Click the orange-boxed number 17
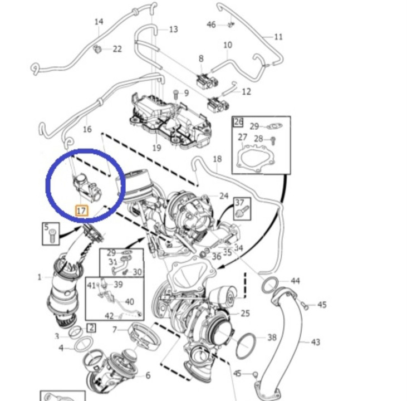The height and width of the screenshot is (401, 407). click(81, 211)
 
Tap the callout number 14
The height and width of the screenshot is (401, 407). click(99, 22)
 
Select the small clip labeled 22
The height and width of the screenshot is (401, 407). click(98, 48)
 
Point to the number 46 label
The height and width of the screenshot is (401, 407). click(211, 25)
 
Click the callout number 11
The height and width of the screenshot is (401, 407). click(278, 37)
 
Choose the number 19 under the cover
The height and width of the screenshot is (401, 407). click(156, 148)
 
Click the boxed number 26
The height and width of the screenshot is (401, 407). click(238, 122)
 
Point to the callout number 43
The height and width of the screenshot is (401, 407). click(316, 341)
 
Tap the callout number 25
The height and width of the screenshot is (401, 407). click(245, 314)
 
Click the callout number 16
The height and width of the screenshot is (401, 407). click(87, 129)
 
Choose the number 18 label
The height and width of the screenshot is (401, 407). click(217, 159)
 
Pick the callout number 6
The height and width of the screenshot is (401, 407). click(148, 375)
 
